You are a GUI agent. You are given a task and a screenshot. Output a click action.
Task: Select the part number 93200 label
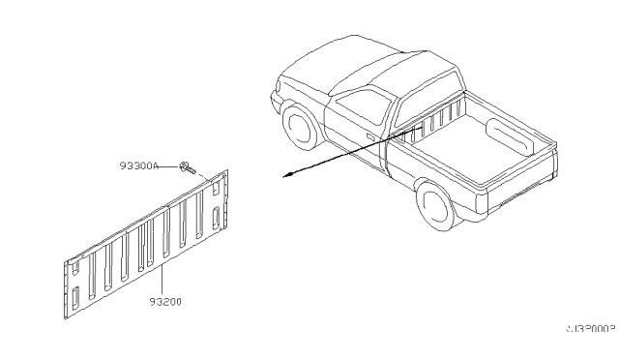[165, 302]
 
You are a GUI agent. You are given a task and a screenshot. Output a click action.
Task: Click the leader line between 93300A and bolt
[175, 167]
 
